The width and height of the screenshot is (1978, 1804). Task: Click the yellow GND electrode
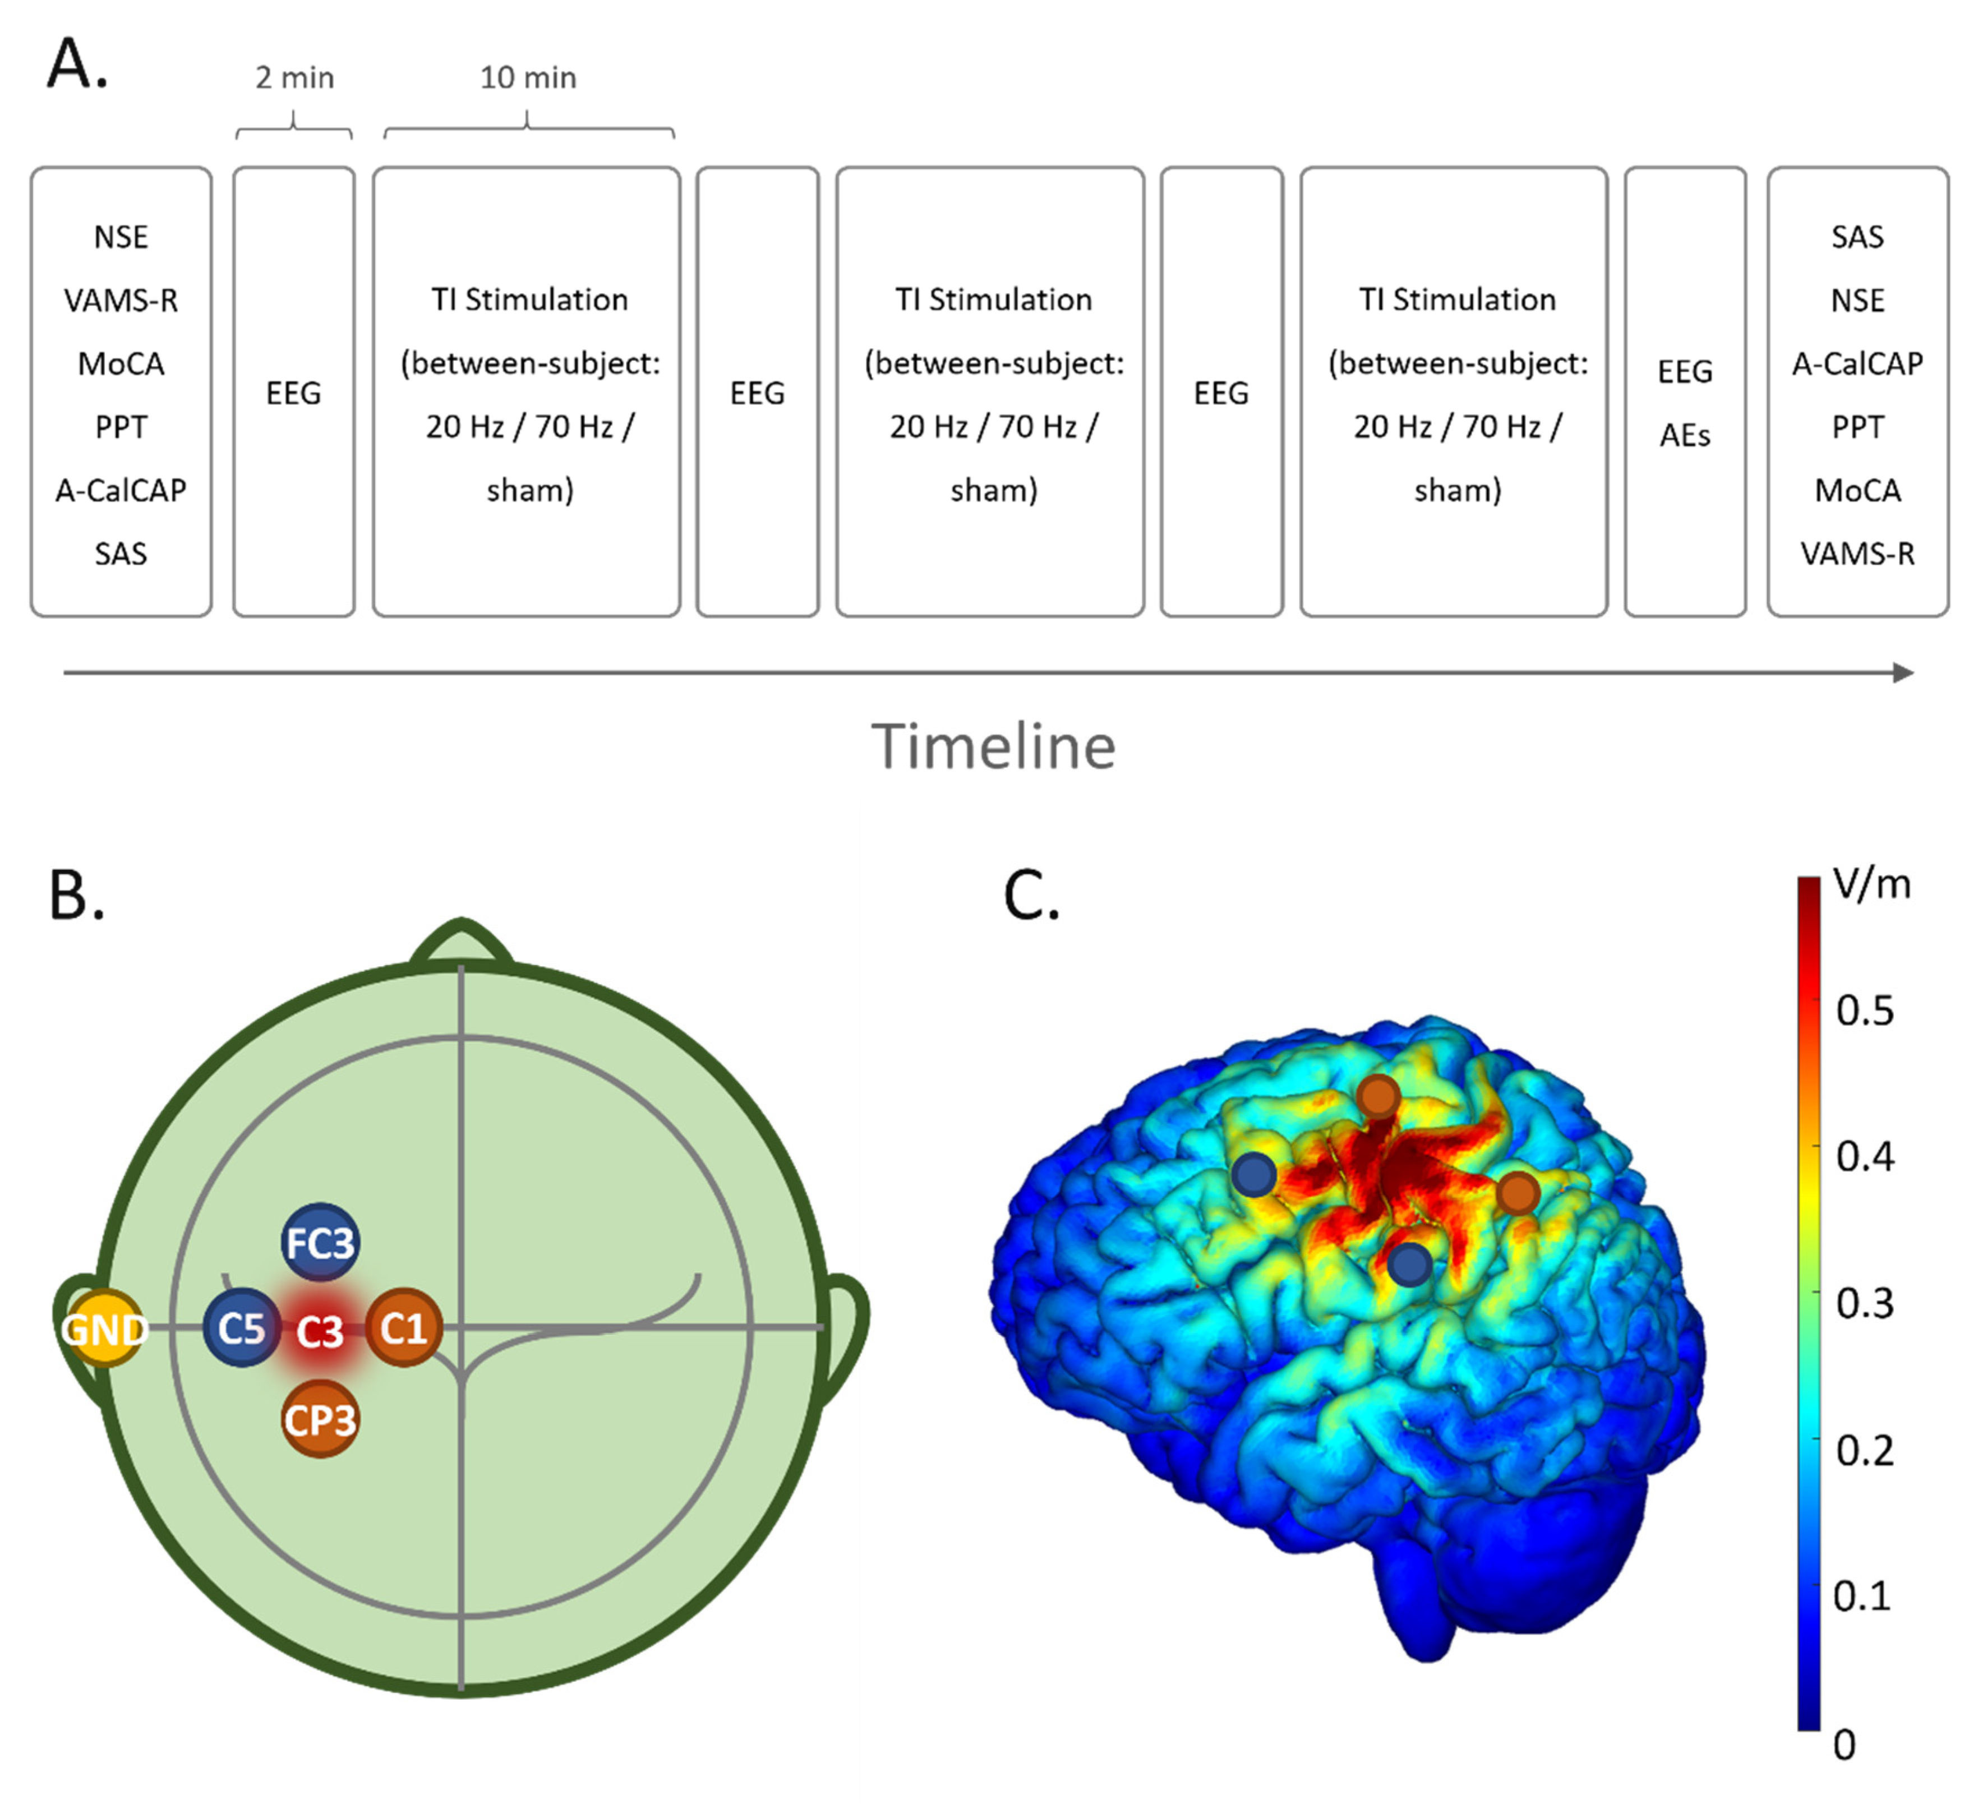(103, 1329)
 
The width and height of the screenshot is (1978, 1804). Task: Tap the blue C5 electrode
(241, 1328)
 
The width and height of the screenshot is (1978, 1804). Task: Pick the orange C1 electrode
(403, 1328)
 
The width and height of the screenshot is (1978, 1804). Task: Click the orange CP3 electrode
(319, 1419)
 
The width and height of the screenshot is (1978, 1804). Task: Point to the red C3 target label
(320, 1331)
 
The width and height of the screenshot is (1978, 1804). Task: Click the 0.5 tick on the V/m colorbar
(1864, 1011)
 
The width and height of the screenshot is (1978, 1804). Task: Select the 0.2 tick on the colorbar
(1864, 1450)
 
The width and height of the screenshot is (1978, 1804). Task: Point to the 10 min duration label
(528, 77)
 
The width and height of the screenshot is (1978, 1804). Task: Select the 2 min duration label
(294, 77)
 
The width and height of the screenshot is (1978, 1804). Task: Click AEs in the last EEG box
(1685, 435)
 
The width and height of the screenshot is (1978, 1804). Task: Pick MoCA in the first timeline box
(121, 364)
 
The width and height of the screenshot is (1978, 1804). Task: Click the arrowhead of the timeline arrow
(1903, 673)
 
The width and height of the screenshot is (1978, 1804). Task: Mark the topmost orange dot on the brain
(1378, 1096)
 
